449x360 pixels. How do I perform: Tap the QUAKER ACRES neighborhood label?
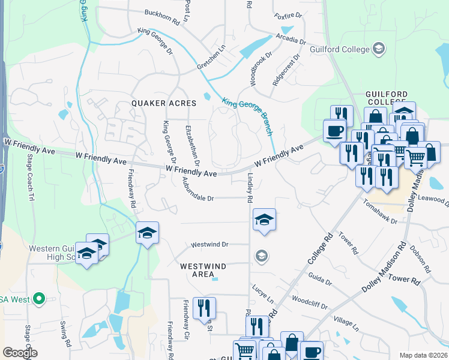click(164, 103)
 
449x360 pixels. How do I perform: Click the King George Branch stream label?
click(247, 113)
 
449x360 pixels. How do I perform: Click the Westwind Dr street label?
click(210, 244)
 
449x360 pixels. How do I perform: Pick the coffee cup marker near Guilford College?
click(334, 130)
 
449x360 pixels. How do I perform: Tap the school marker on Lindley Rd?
click(264, 220)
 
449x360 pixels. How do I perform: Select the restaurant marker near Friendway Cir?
click(204, 308)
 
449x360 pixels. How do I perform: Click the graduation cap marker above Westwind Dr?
click(146, 233)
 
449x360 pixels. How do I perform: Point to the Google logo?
click(20, 352)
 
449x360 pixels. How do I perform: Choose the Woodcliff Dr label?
click(309, 302)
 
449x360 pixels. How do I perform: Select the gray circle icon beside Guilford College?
click(379, 47)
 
